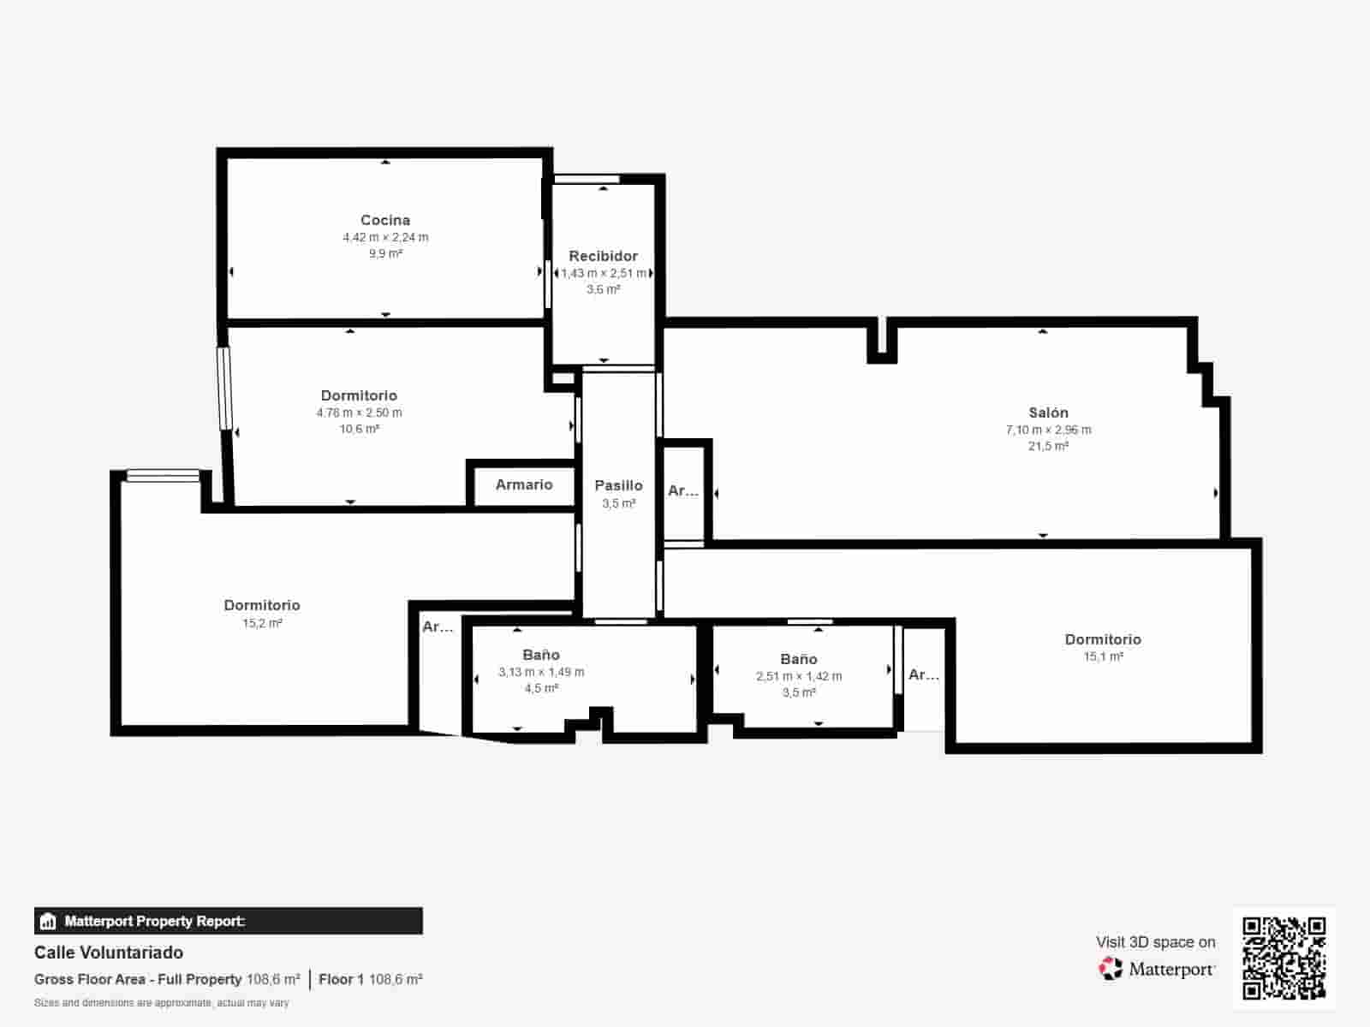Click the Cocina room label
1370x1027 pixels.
point(385,220)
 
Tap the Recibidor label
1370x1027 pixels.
point(603,256)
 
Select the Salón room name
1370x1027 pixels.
point(1048,413)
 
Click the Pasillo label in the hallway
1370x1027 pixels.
point(618,485)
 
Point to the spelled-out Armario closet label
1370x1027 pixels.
point(524,484)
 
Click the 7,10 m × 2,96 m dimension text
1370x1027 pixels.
point(1048,430)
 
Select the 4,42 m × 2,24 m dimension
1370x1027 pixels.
point(385,237)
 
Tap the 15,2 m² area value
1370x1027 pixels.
point(262,623)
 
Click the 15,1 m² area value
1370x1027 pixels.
point(1103,656)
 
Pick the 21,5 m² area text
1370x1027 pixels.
point(1048,446)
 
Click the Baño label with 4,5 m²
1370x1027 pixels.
point(541,655)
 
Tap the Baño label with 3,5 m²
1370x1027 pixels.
point(798,659)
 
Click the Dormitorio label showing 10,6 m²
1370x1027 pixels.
point(359,395)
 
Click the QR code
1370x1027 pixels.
point(1284,958)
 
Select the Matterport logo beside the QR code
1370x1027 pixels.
point(1156,969)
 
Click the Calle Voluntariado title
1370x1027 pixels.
point(109,953)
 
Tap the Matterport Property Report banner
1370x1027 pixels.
point(228,921)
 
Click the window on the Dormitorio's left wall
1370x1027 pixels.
point(224,388)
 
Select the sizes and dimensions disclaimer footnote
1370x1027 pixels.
point(161,1002)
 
